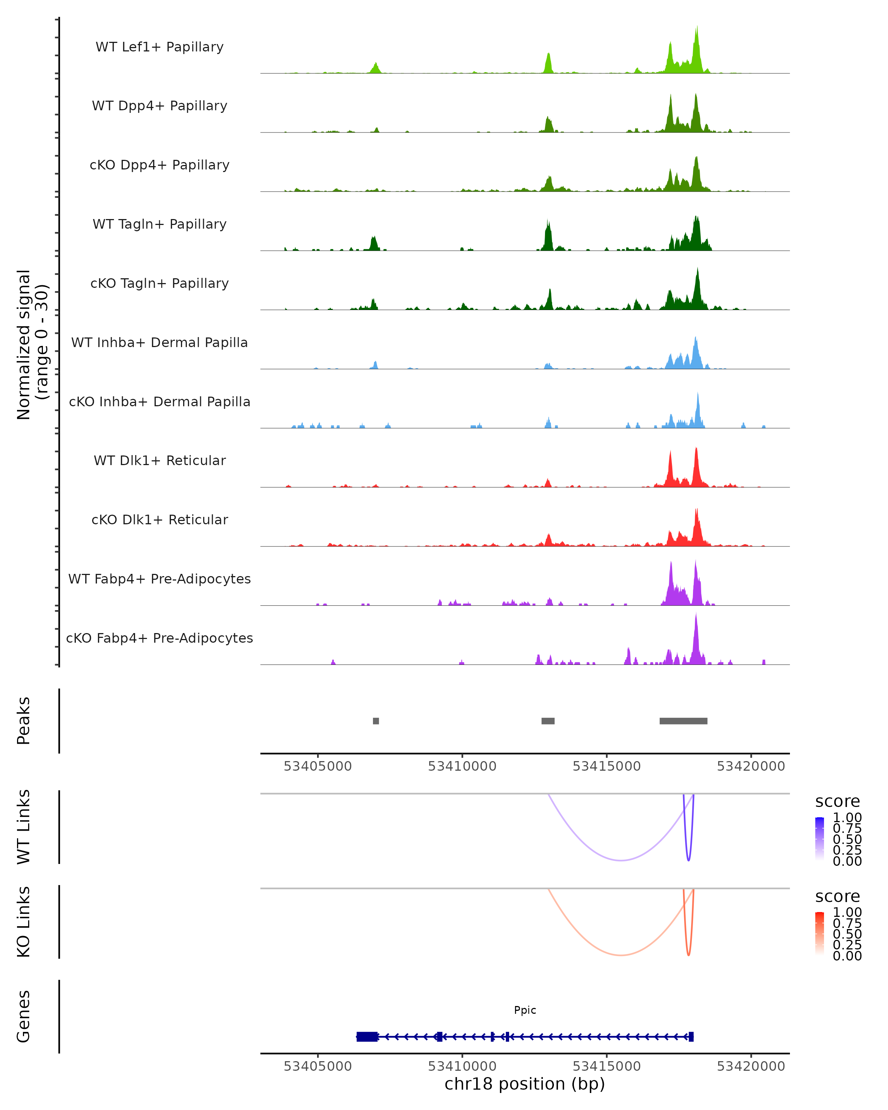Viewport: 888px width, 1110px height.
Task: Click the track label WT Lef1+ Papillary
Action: pos(159,47)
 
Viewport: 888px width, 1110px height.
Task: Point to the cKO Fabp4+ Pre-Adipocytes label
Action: pos(159,638)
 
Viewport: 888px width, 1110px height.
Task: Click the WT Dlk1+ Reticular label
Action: pos(159,460)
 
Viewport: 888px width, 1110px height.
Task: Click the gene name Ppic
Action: pos(525,1010)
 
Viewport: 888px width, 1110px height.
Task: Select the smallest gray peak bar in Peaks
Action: pos(376,721)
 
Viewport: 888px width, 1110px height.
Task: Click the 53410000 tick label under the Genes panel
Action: pos(462,1066)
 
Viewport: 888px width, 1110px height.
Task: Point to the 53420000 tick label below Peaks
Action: pos(751,766)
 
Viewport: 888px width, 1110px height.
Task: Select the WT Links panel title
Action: pos(24,827)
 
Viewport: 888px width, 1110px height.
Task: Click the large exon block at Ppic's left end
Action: pos(367,1037)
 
